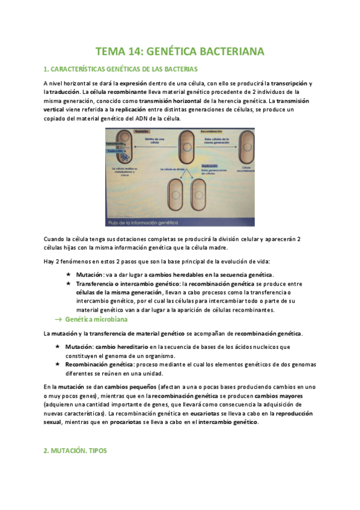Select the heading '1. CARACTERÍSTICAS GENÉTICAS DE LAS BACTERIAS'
121,69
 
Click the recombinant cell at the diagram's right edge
246,147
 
